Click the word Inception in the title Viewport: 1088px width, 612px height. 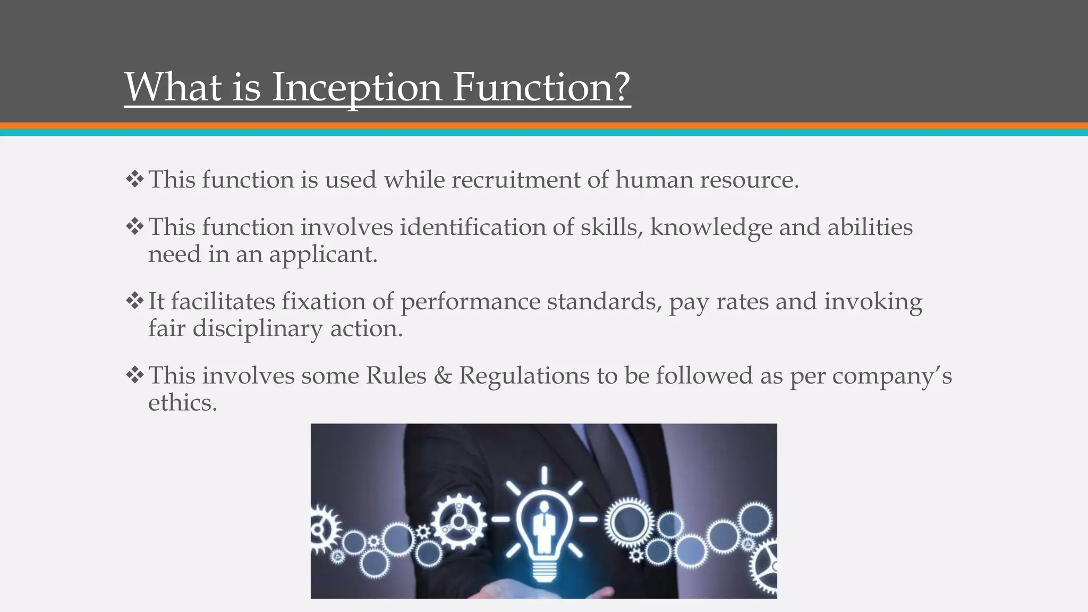356,87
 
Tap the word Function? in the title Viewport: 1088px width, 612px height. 541,87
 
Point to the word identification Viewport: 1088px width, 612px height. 473,227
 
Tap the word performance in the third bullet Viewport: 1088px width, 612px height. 470,302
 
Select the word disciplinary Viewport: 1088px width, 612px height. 258,328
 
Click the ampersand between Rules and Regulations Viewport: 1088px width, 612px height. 443,376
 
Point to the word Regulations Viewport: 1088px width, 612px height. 524,376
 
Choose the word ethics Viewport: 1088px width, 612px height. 182,403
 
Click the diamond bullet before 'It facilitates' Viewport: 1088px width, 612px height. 135,301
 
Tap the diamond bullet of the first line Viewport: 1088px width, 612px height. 135,179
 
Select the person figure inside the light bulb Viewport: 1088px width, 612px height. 543,526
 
